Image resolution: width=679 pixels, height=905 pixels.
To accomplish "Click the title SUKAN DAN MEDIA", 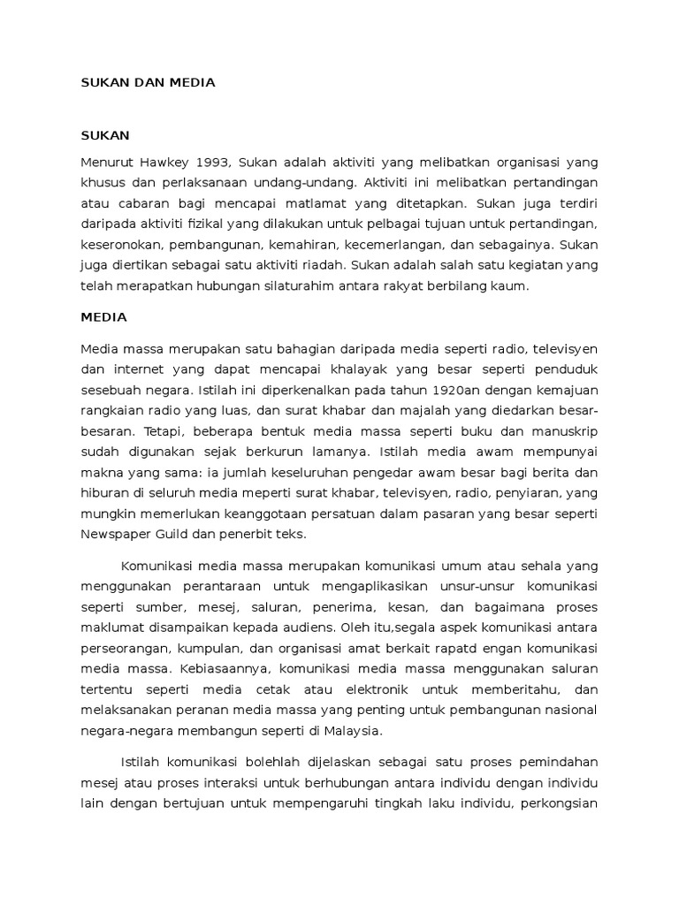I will click(x=148, y=83).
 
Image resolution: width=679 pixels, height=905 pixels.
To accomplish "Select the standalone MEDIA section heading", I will click(x=103, y=316).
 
